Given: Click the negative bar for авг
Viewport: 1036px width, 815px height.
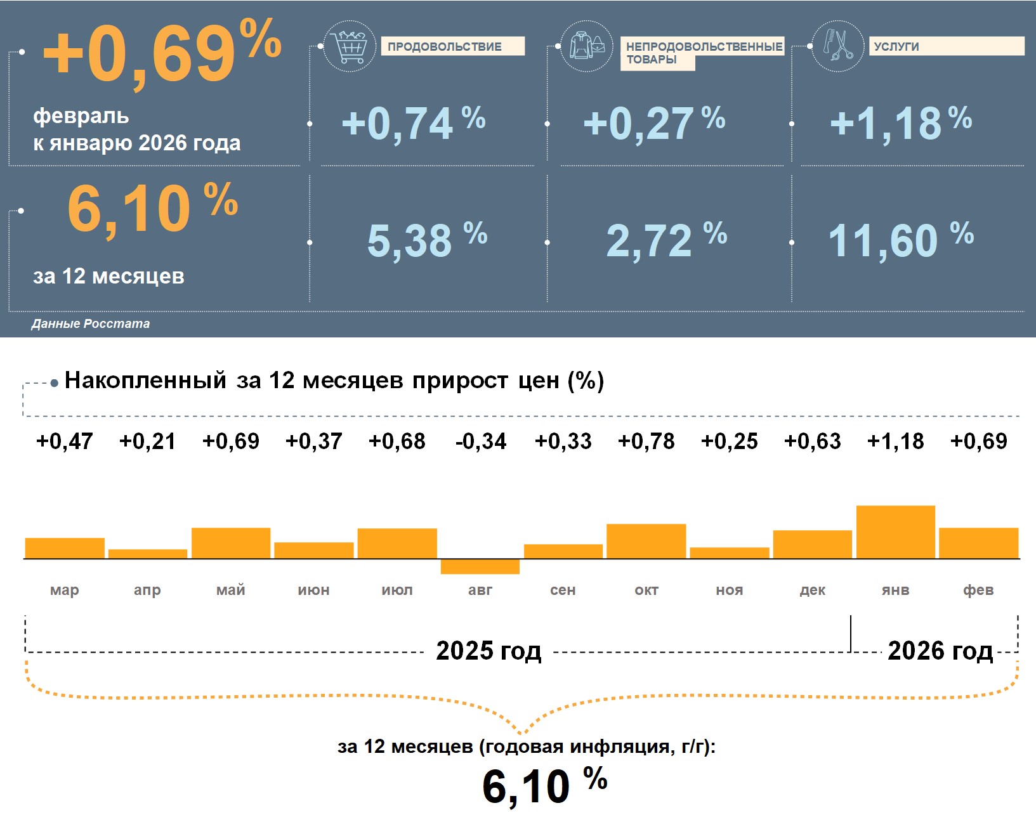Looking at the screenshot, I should [480, 566].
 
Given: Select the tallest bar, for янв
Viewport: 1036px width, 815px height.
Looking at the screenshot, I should [895, 532].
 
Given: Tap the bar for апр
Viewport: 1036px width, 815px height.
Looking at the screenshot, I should [148, 554].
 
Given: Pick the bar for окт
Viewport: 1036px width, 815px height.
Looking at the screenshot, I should [646, 541].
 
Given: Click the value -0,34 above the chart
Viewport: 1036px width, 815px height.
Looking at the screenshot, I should [481, 441].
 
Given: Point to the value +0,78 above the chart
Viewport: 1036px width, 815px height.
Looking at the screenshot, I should [646, 441].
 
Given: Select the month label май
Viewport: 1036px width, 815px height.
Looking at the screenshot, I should [230, 590].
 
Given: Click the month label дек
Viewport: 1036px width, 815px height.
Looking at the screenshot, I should [812, 590].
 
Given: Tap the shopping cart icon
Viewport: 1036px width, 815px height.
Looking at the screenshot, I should [349, 46].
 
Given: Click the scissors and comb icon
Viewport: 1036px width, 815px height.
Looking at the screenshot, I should [837, 46].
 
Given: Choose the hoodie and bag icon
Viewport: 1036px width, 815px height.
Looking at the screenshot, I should [587, 46].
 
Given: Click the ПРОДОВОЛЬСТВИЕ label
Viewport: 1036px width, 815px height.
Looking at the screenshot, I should [445, 47].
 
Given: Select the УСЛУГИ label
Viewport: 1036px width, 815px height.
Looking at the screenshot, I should [896, 47].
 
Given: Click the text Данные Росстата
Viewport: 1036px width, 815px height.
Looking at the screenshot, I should [91, 324].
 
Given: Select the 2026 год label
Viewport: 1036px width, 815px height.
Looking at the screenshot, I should [940, 651].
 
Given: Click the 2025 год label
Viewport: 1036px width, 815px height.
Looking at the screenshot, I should [488, 651].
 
